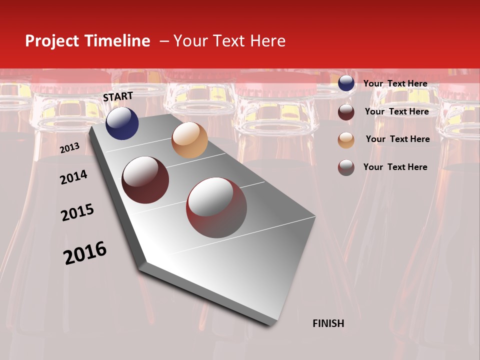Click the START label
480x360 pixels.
(x=118, y=96)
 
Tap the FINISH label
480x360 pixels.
(x=328, y=323)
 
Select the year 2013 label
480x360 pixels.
(x=69, y=148)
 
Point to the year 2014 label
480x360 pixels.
(x=73, y=177)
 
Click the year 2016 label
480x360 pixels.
(x=85, y=253)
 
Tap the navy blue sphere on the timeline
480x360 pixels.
(x=122, y=123)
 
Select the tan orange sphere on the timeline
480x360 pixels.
(x=189, y=140)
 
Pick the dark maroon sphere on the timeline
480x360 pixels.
(x=145, y=180)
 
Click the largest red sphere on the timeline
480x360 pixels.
(x=216, y=207)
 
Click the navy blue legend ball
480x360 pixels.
(x=346, y=83)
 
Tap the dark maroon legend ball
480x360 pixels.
(x=346, y=112)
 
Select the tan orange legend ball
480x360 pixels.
(x=346, y=140)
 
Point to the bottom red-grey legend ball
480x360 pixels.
(x=346, y=167)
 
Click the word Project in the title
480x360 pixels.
(x=52, y=41)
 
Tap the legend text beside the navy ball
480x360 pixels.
(x=395, y=83)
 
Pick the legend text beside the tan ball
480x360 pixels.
(x=397, y=139)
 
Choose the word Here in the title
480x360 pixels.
(x=267, y=41)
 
